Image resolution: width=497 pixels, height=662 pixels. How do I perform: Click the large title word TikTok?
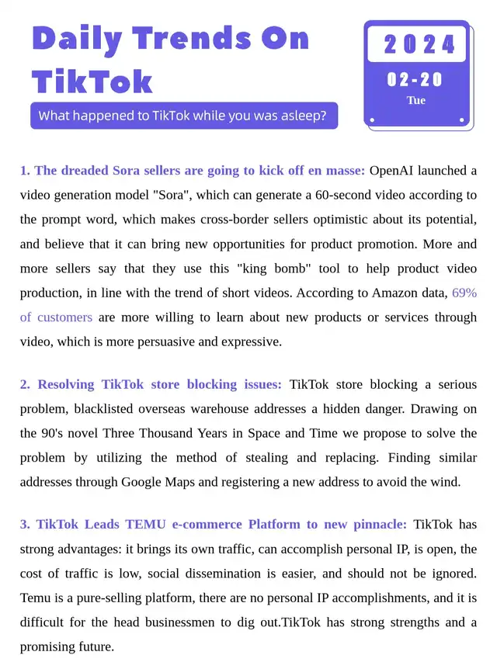[x=92, y=81]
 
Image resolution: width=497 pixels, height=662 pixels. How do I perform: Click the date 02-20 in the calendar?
[x=415, y=80]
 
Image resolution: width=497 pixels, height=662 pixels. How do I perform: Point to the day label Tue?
[x=416, y=100]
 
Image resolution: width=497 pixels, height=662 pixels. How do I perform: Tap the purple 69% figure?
[x=464, y=294]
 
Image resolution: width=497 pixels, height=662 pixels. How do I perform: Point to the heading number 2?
[x=25, y=384]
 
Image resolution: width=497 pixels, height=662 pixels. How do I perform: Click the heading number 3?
[x=25, y=524]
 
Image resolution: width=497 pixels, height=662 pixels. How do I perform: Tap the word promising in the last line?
[x=49, y=646]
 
